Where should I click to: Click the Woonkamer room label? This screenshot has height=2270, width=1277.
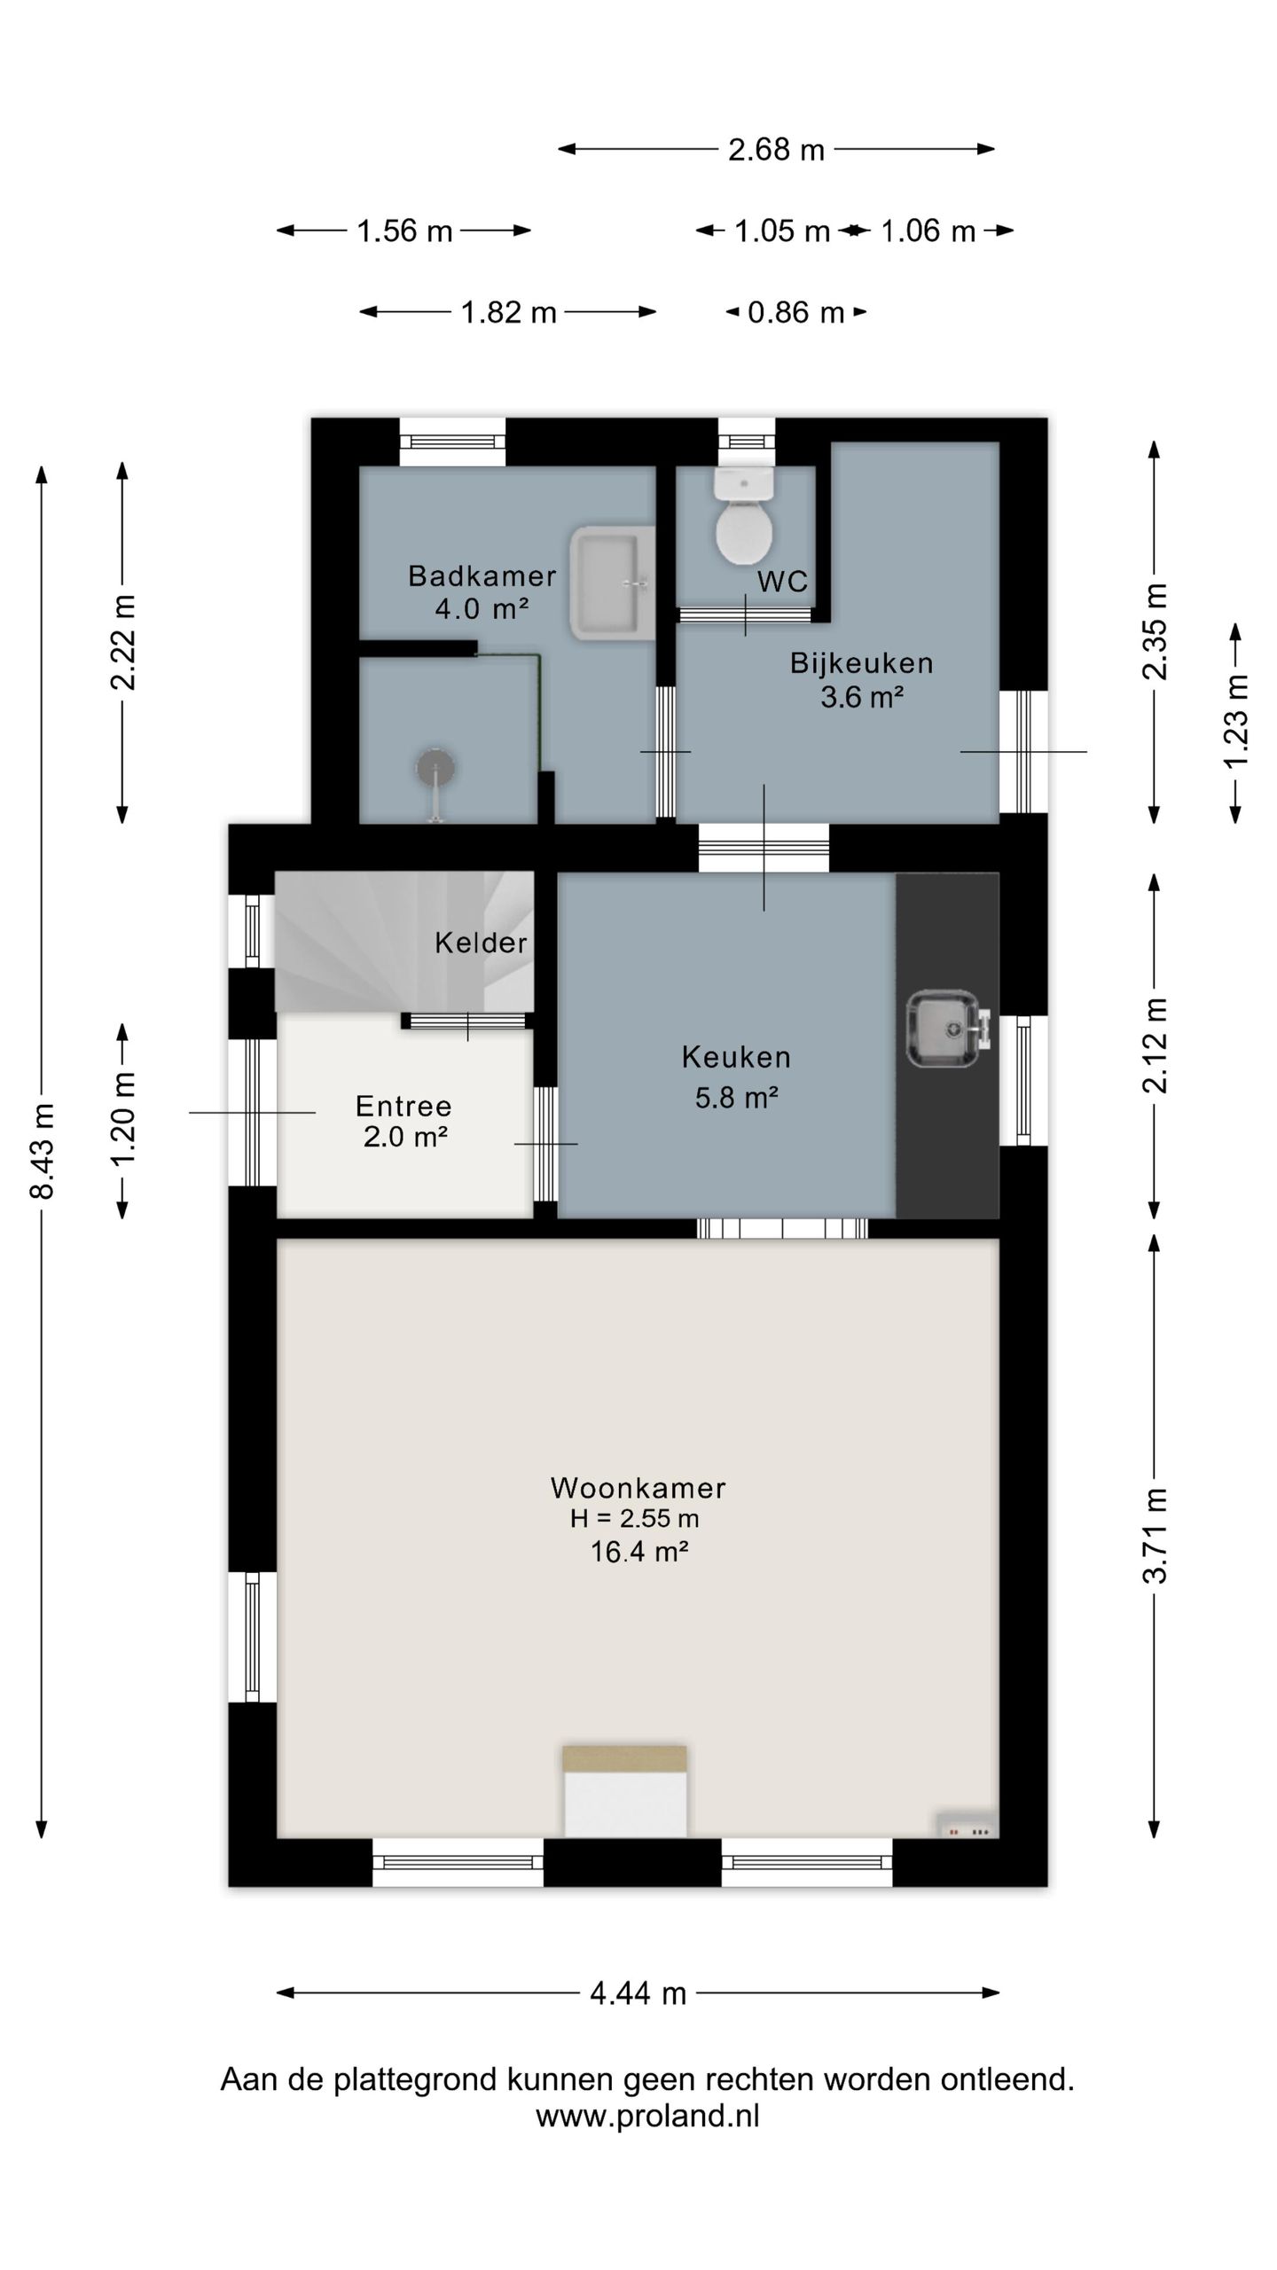638,1487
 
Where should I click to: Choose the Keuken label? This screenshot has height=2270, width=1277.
736,1056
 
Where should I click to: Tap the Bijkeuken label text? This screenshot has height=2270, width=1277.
861,662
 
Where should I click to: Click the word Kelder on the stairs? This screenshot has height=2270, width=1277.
481,942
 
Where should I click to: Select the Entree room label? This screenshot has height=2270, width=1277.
403,1106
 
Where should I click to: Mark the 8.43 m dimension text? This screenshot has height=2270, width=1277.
43,1151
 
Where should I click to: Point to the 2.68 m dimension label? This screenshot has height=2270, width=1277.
776,150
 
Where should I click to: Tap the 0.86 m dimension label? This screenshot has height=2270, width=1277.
795,312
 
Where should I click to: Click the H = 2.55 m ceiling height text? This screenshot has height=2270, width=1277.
635,1519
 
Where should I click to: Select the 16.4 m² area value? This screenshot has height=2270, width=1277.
639,1552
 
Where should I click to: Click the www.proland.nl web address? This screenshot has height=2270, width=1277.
647,2117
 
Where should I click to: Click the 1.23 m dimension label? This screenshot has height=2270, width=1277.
1235,722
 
